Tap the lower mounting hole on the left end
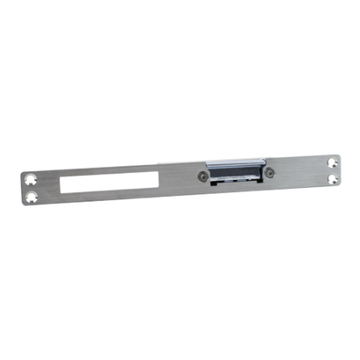[32, 195]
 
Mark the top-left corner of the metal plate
[22, 170]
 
